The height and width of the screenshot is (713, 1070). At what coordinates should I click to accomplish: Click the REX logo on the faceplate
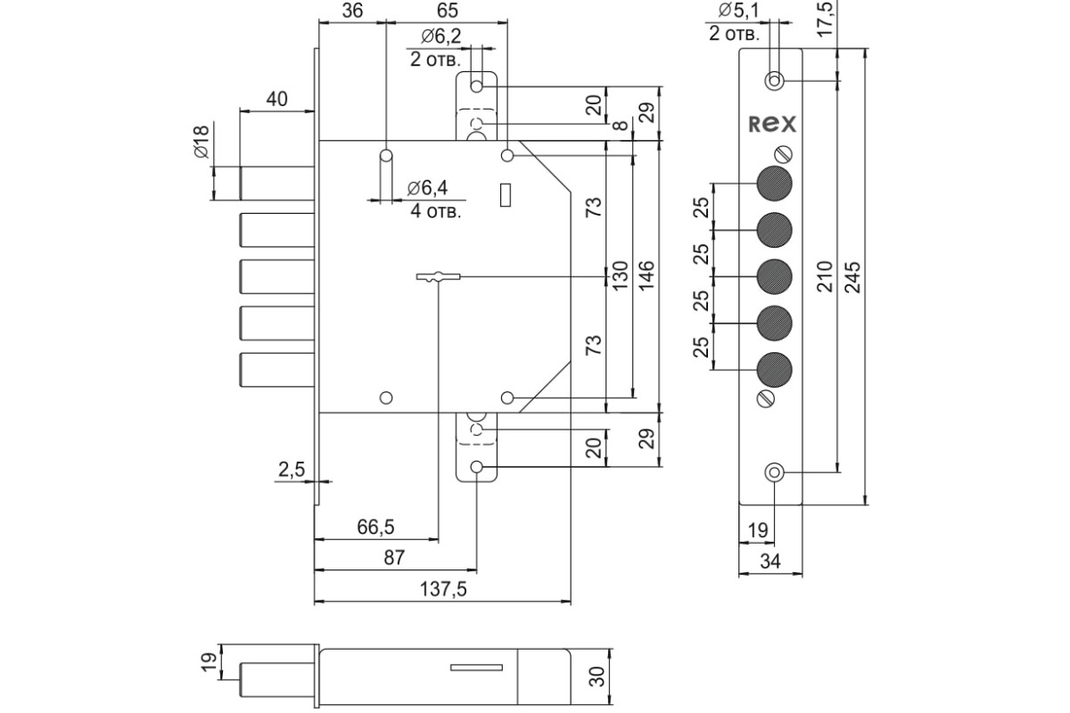[x=772, y=124]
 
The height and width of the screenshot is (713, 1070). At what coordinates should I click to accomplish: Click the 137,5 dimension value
[x=443, y=589]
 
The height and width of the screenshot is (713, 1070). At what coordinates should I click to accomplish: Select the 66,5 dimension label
[x=375, y=527]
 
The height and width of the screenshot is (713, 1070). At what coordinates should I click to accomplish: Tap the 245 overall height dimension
[x=852, y=277]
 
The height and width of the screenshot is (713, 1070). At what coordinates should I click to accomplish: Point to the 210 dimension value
[x=825, y=276]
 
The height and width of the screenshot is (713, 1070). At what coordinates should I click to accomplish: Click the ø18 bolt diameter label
[x=202, y=142]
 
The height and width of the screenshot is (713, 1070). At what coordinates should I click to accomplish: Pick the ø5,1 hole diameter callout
[x=738, y=10]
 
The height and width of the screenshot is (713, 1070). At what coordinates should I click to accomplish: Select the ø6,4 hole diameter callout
[x=427, y=188]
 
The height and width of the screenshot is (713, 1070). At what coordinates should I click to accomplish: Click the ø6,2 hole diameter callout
[x=441, y=36]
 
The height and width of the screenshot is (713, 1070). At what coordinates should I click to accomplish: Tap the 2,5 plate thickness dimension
[x=292, y=470]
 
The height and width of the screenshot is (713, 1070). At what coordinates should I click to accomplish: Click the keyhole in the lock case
[x=438, y=277]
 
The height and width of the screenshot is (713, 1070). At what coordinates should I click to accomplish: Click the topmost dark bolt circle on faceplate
[x=774, y=184]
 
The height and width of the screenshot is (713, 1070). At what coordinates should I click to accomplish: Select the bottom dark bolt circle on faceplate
[x=774, y=370]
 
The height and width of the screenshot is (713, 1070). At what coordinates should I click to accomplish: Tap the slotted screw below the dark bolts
[x=766, y=398]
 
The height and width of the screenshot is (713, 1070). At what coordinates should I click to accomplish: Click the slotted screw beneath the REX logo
[x=783, y=154]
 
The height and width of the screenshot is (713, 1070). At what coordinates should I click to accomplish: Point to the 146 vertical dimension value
[x=646, y=275]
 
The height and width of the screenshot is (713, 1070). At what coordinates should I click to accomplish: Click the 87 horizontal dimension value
[x=394, y=558]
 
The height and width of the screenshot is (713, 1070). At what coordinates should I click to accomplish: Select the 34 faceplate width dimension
[x=770, y=561]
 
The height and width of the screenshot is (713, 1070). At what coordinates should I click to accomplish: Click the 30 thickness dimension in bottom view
[x=597, y=676]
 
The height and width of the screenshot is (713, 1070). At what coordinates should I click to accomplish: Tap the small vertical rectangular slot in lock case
[x=506, y=195]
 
